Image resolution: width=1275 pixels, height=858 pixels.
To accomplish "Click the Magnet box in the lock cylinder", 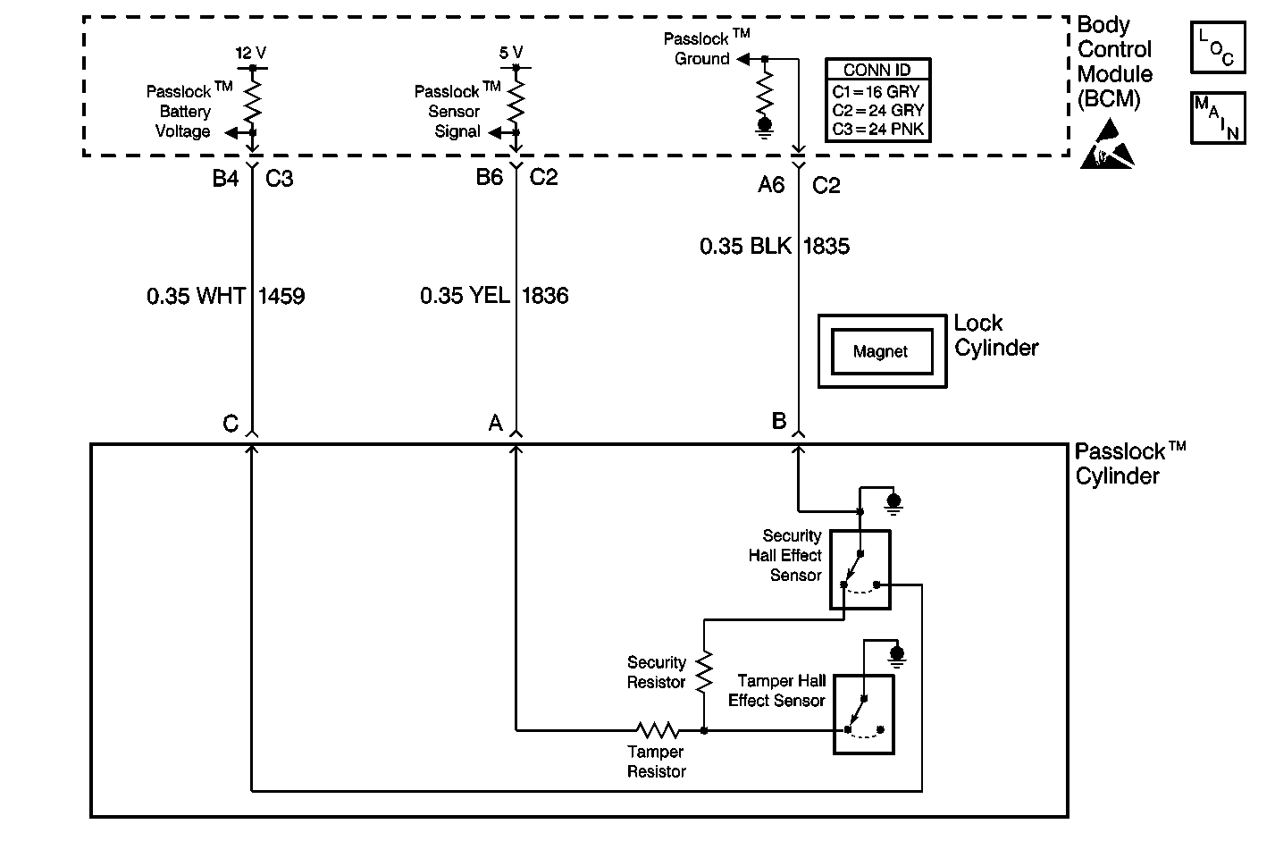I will coord(880,351).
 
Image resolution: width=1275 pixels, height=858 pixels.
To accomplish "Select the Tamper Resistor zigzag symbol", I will coord(657,730).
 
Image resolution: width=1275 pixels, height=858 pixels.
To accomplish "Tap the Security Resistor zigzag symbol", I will coord(704,670).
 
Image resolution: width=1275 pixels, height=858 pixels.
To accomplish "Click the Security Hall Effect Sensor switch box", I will coord(860,569).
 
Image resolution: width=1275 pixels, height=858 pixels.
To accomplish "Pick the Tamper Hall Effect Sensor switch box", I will coord(863,714).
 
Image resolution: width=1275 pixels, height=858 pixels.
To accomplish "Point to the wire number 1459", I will coord(281,296).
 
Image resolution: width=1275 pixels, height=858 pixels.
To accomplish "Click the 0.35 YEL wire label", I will coord(465,296).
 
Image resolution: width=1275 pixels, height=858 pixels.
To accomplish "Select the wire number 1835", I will coord(826,246).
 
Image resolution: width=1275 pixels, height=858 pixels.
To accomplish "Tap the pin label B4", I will coord(225,179).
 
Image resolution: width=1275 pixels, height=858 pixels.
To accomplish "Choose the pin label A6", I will coord(771,185).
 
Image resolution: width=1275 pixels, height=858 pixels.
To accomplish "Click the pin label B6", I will coord(490,178).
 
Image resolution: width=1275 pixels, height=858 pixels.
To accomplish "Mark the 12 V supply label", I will coord(250,53).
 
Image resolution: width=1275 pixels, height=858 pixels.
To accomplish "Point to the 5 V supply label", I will coord(511,53).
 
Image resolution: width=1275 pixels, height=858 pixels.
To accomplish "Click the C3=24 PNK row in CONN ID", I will coord(877,129).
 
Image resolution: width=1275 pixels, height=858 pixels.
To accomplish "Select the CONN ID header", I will coord(877,71).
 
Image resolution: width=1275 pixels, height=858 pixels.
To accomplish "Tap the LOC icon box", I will coord(1218,48).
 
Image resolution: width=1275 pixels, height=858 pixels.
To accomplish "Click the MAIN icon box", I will coord(1218,117).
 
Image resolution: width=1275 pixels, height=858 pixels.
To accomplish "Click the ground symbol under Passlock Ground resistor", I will coord(765,126).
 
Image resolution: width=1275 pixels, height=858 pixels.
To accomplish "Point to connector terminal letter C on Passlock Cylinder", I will coord(231,424).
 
